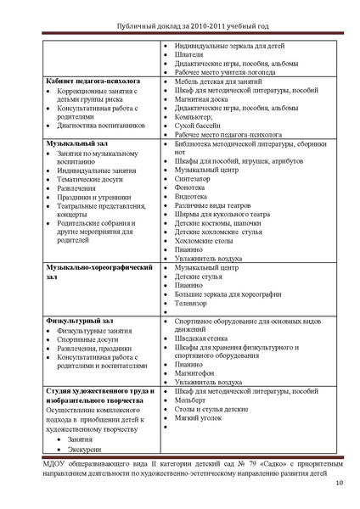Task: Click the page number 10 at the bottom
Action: click(x=339, y=484)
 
